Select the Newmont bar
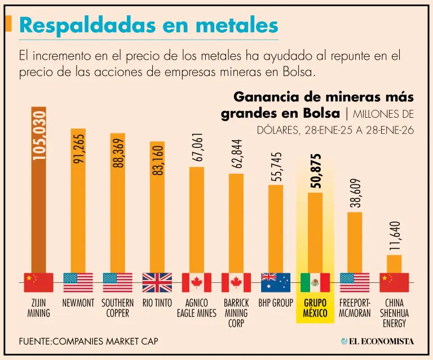coord(78,203)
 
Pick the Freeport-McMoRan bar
coord(355,242)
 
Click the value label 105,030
coord(39,135)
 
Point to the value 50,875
coord(315,171)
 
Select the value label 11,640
coord(394,235)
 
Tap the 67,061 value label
coord(197,148)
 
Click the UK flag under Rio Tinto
coord(157,282)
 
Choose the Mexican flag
coord(315,282)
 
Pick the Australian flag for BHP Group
coord(276,282)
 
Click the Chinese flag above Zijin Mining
coord(38,282)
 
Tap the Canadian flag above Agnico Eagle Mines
coord(197,282)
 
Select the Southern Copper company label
coord(117,308)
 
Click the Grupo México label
coord(315,308)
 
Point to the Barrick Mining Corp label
coord(236,313)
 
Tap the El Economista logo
coord(378,341)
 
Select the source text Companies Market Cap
coord(89,341)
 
